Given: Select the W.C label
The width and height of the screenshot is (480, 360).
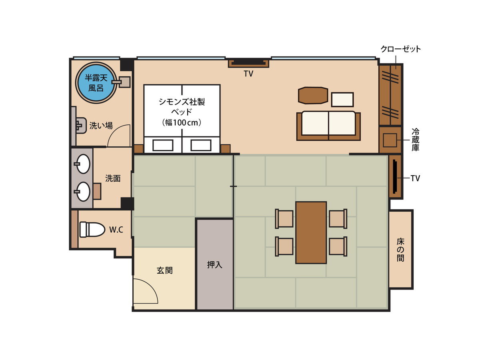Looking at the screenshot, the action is tap(116, 230).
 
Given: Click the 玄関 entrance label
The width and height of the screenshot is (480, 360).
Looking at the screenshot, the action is tap(165, 270).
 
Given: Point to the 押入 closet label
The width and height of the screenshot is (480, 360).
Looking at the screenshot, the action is tap(214, 265).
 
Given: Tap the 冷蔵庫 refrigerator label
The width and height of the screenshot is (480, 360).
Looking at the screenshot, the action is tap(415, 140).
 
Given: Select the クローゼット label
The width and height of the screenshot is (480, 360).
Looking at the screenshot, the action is tap(401, 49).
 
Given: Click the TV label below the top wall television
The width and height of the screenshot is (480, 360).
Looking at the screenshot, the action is tap(248, 74).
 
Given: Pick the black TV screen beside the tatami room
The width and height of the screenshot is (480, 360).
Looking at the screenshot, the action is tap(395, 177).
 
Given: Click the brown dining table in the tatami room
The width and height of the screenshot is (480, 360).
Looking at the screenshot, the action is tap(311, 232).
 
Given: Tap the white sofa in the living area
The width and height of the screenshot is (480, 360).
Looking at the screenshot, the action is tap(328, 126).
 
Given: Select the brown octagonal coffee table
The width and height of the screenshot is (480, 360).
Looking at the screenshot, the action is tap(313, 95).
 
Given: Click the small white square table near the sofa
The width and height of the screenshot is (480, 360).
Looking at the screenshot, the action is tap(342, 100).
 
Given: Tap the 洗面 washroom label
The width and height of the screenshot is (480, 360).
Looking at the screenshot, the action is tap(113, 178).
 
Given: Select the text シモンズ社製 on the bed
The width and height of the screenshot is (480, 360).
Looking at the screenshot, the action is tap(182, 102).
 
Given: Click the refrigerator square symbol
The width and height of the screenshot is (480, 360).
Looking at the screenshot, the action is tap(390, 140).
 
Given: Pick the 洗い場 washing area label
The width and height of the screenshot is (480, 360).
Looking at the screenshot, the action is tap(101, 126).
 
